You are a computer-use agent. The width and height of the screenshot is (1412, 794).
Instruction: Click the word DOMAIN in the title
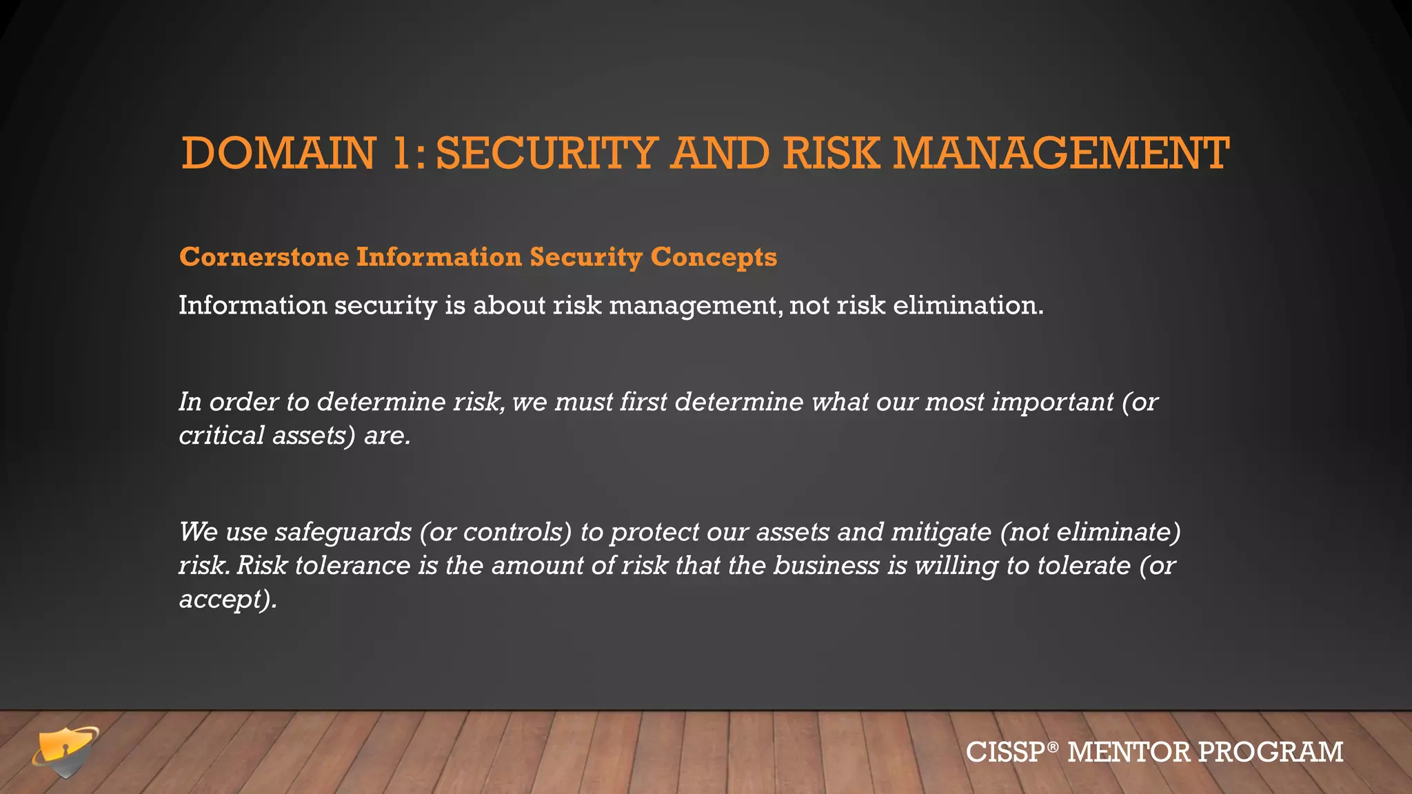279,153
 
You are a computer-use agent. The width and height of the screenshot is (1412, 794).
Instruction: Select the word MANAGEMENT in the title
1061,153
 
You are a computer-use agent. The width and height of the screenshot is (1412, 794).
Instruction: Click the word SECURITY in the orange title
547,153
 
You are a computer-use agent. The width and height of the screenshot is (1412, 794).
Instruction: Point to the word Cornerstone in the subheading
264,257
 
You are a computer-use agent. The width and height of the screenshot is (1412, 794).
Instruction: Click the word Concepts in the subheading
714,257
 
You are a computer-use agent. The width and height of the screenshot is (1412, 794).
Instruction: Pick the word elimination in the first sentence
967,305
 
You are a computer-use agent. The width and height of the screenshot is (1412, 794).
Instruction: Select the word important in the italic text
1052,402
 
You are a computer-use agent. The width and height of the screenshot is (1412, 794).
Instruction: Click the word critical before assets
221,436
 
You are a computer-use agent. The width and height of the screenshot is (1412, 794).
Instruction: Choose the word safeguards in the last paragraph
343,532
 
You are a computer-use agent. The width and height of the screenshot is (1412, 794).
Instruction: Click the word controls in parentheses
517,532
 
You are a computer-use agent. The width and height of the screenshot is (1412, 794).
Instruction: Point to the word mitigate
940,532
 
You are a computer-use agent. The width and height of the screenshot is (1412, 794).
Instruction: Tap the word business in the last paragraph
826,566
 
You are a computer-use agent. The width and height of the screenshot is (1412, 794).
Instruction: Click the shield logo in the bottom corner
65,751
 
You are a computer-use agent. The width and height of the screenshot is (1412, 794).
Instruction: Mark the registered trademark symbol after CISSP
1051,746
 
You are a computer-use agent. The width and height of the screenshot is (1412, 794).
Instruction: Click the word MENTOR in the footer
1128,752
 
